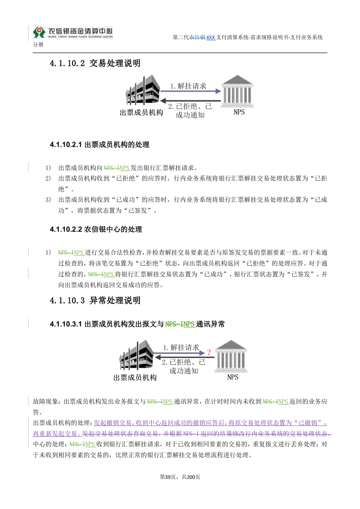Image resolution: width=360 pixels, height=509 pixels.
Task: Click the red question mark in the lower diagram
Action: tap(209, 353)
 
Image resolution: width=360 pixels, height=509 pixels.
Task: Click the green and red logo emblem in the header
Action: tap(39, 32)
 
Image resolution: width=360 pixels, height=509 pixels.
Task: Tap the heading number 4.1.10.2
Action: tap(67, 63)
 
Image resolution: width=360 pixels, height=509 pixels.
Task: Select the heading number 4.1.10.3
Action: tap(67, 300)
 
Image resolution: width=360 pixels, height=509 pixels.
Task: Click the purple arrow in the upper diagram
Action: tap(191, 91)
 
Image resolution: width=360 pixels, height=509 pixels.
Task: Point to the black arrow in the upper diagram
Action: tap(190, 101)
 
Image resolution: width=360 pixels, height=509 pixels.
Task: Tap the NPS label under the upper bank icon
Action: tap(239, 112)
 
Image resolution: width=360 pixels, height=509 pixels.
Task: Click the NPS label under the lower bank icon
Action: tap(233, 377)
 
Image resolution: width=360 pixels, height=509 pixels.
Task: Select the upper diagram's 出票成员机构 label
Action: tap(141, 113)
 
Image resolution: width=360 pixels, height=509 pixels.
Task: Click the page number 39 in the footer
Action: tap(168, 477)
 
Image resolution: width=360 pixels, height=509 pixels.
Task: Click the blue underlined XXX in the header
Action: tap(211, 37)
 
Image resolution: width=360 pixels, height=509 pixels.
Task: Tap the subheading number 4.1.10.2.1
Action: tap(66, 145)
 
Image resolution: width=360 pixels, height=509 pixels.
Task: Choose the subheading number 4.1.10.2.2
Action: tap(66, 229)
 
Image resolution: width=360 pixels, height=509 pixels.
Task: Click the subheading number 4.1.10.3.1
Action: tap(66, 324)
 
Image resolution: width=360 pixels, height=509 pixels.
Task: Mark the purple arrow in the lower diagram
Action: tap(179, 353)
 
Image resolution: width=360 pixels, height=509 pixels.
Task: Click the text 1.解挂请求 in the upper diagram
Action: tap(188, 86)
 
